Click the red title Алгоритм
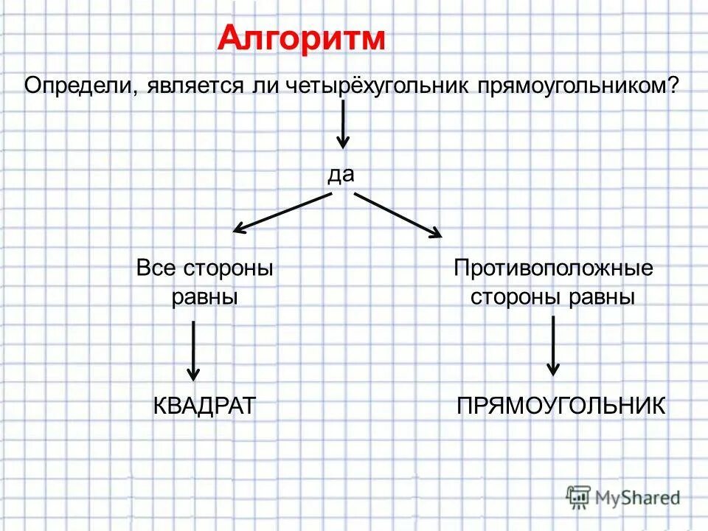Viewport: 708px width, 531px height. (x=301, y=38)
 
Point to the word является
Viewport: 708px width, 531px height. (x=187, y=85)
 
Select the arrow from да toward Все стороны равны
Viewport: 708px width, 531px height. (x=282, y=212)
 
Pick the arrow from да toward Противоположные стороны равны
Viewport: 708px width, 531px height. (x=398, y=215)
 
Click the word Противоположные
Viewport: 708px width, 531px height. (x=553, y=268)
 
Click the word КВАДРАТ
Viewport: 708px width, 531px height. (x=205, y=406)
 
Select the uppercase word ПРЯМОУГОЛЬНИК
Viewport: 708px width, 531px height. (x=561, y=406)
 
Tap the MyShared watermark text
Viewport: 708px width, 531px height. (x=638, y=498)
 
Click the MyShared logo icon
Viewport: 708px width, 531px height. (x=578, y=496)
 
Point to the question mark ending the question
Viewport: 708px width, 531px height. (x=673, y=85)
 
